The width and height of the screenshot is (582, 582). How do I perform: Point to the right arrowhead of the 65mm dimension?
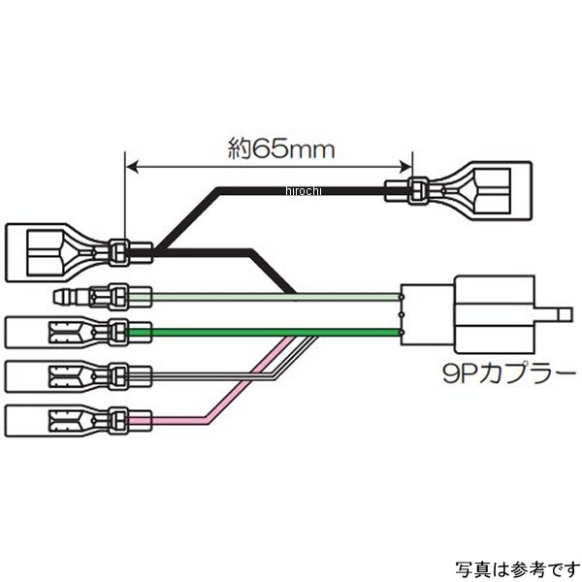(406, 168)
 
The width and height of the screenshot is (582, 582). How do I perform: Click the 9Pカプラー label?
(465, 372)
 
